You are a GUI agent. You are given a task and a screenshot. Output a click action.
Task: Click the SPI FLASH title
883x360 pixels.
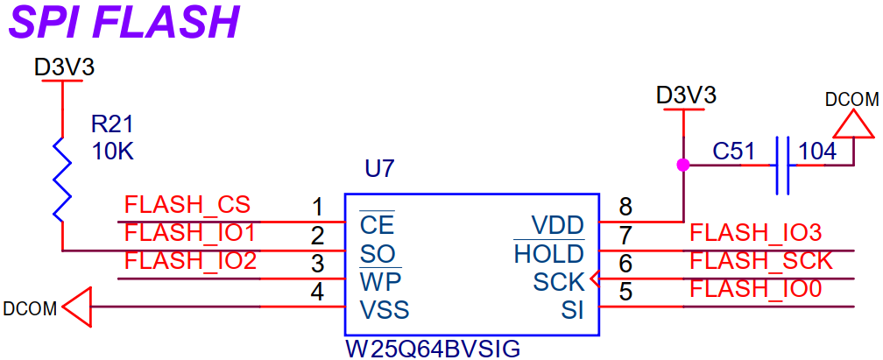124,23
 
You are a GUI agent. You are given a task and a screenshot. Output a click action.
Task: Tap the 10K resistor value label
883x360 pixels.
113,152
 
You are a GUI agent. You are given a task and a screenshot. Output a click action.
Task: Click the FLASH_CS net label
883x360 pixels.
187,206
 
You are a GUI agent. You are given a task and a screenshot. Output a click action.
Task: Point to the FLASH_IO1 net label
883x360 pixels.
190,233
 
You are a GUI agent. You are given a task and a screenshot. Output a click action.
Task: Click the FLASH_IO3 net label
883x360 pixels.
755,233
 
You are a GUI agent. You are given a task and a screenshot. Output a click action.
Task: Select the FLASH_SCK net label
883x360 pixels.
759,261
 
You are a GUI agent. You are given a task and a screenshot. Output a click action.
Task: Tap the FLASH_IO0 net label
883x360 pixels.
755,289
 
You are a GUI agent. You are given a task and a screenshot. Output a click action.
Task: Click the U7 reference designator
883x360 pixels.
380,169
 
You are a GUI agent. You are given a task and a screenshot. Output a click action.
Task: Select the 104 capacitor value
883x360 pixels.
817,152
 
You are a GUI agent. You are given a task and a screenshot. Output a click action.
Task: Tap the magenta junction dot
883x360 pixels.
682,164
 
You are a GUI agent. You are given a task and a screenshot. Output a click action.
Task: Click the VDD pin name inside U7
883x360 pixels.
557,226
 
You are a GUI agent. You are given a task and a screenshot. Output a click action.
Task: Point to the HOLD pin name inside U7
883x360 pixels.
549,254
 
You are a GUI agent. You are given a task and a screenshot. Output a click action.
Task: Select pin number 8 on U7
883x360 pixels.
625,208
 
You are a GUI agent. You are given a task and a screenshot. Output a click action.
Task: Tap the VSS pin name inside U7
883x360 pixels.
385,310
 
